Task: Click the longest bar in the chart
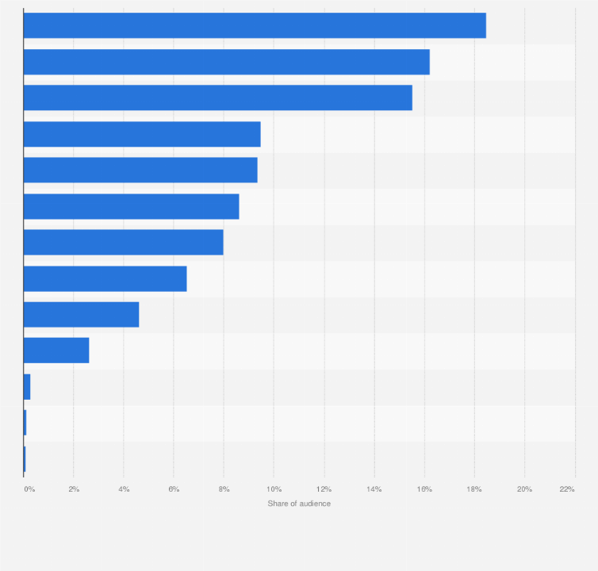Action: click(254, 25)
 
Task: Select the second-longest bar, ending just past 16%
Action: click(226, 62)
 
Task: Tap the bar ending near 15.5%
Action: click(217, 98)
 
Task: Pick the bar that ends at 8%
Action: click(123, 242)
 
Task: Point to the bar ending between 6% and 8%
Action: click(105, 278)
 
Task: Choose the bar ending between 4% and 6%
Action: click(81, 314)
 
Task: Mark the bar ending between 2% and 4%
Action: click(56, 350)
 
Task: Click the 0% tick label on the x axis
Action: click(29, 489)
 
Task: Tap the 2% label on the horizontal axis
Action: click(74, 489)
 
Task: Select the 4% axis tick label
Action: click(124, 489)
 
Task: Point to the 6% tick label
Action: click(174, 489)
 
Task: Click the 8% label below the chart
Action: click(224, 489)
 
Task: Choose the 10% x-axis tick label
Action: click(274, 489)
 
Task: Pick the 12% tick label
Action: click(324, 489)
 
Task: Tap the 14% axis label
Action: click(374, 489)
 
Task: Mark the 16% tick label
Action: click(424, 489)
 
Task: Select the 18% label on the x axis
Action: click(474, 489)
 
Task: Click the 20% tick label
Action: click(524, 489)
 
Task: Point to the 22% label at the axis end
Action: click(566, 489)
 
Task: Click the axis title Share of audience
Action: click(299, 504)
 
